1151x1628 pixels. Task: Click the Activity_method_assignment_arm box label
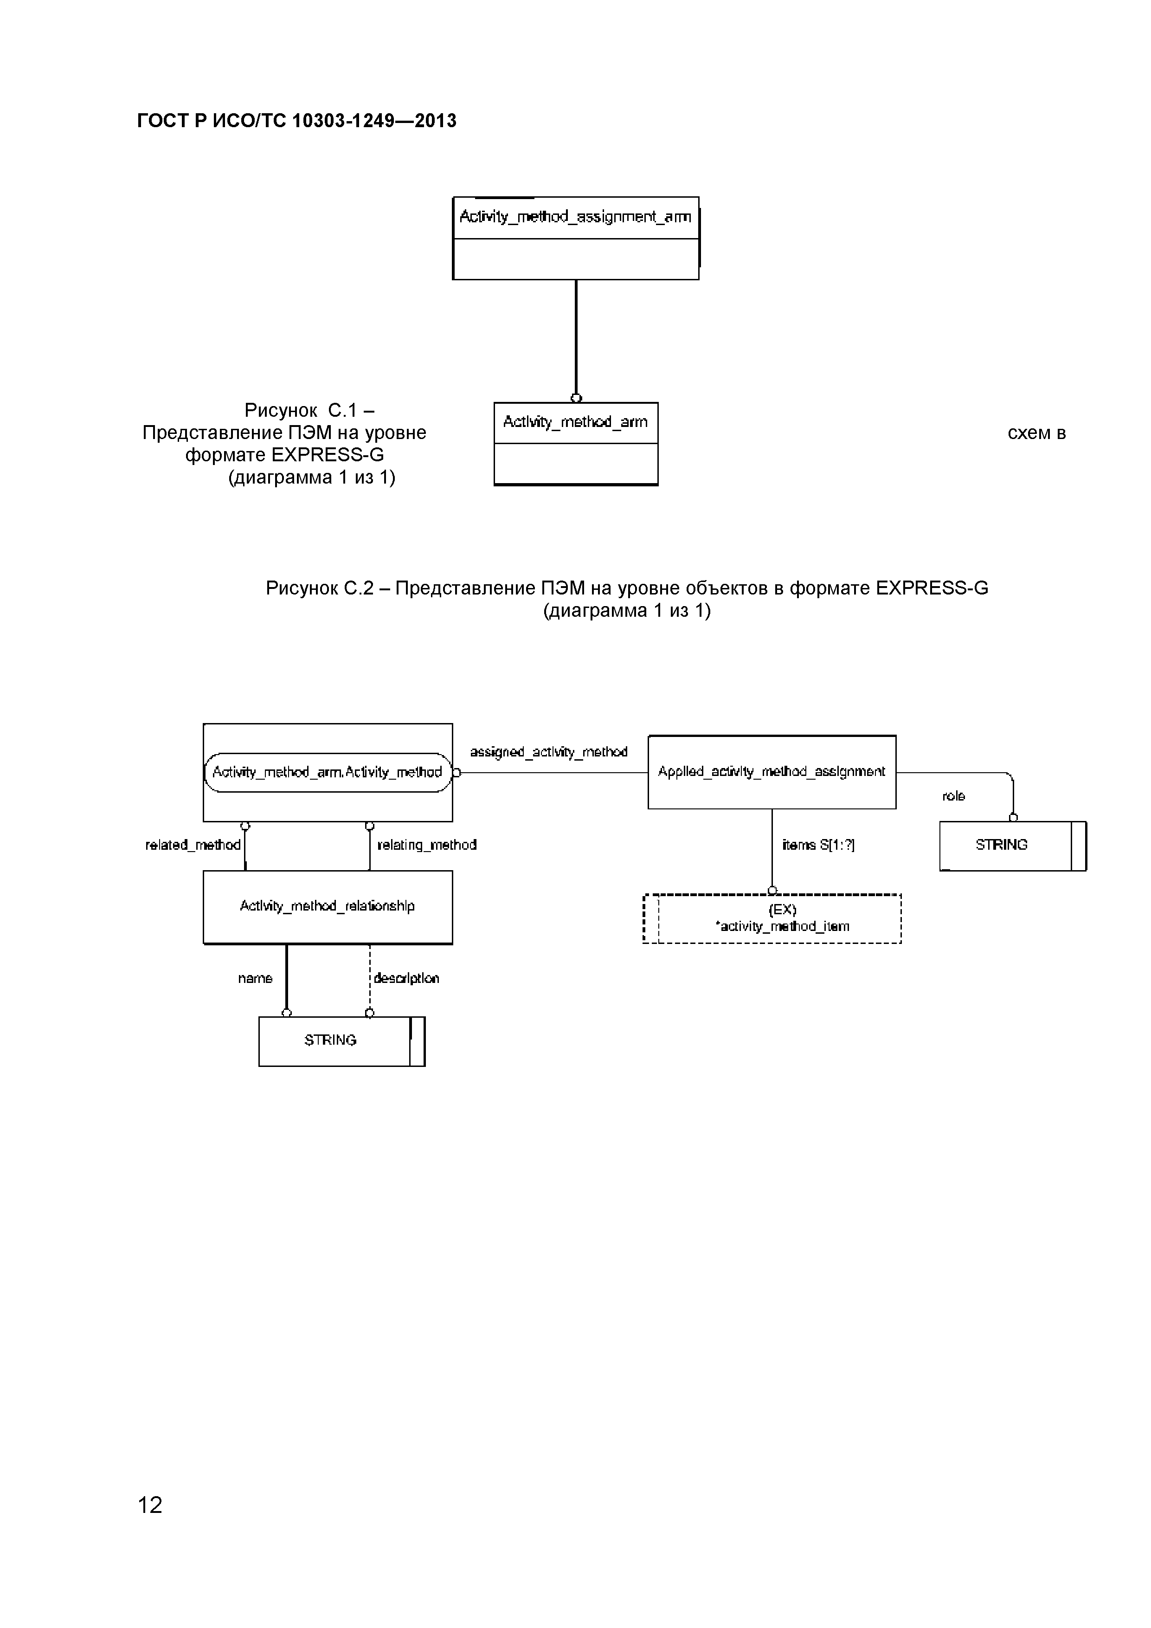click(x=575, y=217)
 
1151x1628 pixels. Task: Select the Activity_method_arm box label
click(x=575, y=423)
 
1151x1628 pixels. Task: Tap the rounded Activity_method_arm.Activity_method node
click(x=328, y=772)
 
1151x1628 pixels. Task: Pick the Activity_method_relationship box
click(x=328, y=906)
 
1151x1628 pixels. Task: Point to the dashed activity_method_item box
click(x=772, y=919)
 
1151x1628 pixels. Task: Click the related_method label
click(x=193, y=845)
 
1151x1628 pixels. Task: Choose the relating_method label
click(x=427, y=845)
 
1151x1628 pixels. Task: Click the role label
click(x=953, y=796)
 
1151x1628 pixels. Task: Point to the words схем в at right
click(x=1036, y=433)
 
